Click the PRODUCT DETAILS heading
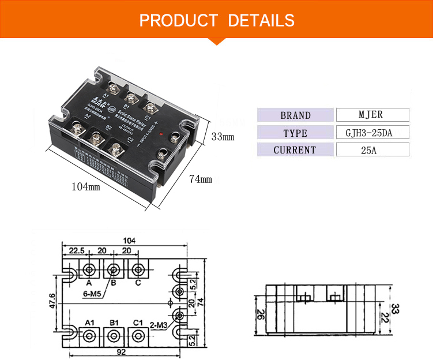(x=216, y=21)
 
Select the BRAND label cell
(x=295, y=115)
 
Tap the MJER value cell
(x=372, y=115)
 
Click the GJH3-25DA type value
(x=372, y=133)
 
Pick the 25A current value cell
(x=372, y=150)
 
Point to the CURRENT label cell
(x=295, y=150)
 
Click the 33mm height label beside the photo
(x=223, y=137)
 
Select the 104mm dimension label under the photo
(x=86, y=187)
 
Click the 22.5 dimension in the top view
(x=77, y=250)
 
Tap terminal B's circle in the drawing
(x=114, y=269)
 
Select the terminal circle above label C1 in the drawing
(x=137, y=335)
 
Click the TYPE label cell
(x=295, y=133)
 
